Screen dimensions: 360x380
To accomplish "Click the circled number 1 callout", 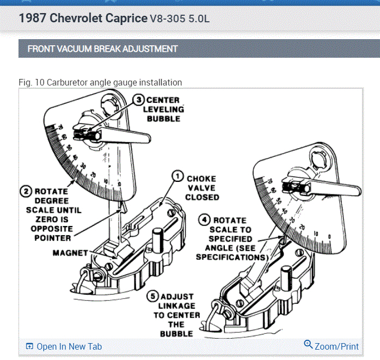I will pos(177,176).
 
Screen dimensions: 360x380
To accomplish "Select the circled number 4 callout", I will pos(205,221).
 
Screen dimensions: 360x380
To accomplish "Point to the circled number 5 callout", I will pos(154,296).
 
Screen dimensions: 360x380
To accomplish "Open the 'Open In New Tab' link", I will pos(69,346).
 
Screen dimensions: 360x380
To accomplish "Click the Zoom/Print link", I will pos(336,346).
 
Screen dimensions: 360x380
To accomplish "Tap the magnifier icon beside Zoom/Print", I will pos(308,345).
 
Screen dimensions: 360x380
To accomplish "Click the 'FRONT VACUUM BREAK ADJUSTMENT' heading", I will pos(103,49).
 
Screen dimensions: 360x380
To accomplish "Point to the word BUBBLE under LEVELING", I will pos(164,119).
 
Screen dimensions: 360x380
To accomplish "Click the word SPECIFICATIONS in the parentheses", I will pos(232,257).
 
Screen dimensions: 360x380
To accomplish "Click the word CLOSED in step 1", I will pos(202,197).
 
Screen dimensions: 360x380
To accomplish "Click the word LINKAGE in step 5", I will pos(177,306).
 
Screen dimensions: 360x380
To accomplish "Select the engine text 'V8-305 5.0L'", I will pos(180,19).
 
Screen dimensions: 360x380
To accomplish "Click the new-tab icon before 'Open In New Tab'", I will pos(29,346).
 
